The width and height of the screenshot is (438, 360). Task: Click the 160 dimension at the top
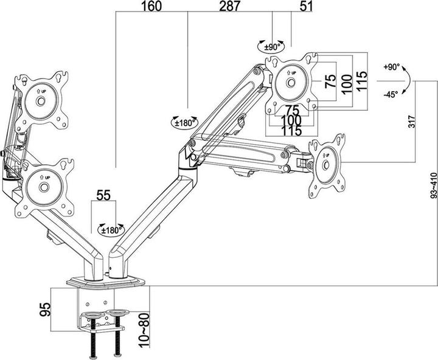pos(152,7)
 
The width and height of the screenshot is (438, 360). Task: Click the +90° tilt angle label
pos(391,67)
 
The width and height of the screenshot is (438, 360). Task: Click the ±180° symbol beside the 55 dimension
pos(112,230)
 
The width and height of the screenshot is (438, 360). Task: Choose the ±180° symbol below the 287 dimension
pos(185,122)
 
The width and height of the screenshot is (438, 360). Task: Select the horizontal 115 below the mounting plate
pos(293,130)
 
